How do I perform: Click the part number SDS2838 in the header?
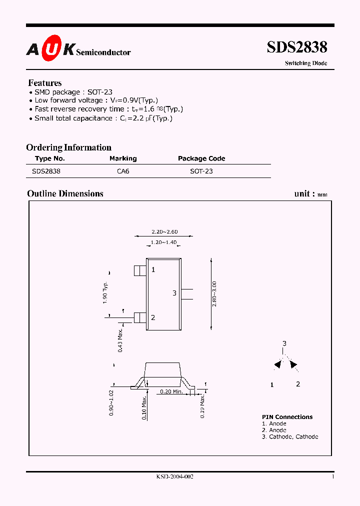click(x=297, y=47)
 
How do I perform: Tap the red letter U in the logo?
click(x=51, y=48)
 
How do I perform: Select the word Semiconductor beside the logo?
click(x=103, y=52)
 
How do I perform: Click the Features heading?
click(x=45, y=83)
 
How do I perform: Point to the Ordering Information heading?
click(x=69, y=147)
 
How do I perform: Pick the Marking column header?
click(x=123, y=158)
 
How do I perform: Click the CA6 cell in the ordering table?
click(x=123, y=171)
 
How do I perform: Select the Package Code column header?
click(x=201, y=158)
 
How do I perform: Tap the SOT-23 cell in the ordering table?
click(x=201, y=171)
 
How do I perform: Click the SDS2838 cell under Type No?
click(x=46, y=171)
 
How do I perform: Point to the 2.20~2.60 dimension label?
click(x=164, y=231)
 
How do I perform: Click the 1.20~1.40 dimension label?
click(x=163, y=242)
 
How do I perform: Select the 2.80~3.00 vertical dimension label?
click(x=214, y=294)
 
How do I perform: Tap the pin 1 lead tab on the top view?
click(x=140, y=270)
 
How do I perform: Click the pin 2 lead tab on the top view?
click(x=140, y=317)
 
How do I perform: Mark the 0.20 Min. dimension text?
click(x=171, y=391)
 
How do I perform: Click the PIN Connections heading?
click(x=287, y=417)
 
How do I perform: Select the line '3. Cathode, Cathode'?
click(x=290, y=436)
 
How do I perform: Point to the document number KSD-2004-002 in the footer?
click(x=175, y=477)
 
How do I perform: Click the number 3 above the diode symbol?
click(x=284, y=343)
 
